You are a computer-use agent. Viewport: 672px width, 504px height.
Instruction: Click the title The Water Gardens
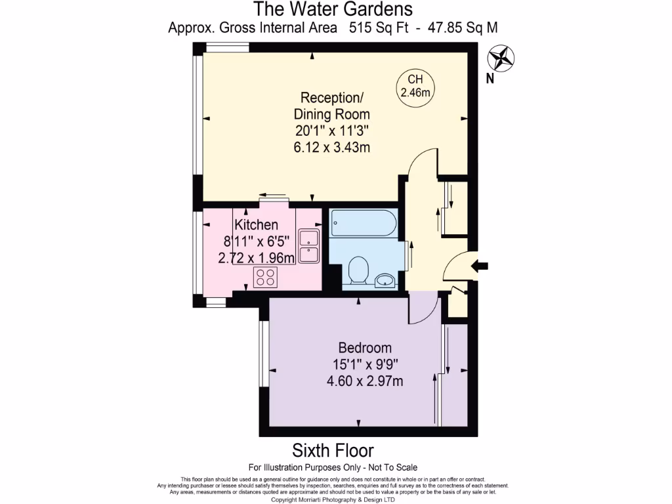(x=333, y=9)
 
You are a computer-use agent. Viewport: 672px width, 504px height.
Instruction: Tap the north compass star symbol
(x=502, y=57)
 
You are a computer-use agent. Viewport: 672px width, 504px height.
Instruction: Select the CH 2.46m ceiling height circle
(x=415, y=86)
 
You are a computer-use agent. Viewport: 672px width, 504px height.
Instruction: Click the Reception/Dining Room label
(x=332, y=106)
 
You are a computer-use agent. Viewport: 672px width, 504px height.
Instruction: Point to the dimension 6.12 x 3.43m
(x=332, y=147)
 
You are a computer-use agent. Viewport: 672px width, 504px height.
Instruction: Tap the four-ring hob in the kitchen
(x=265, y=278)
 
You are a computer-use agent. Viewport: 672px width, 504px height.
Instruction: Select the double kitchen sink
(x=308, y=245)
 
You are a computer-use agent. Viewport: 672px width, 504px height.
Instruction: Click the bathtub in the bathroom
(x=363, y=224)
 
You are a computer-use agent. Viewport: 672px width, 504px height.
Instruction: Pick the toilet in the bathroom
(x=358, y=270)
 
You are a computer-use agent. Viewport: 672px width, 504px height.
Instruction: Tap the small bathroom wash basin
(x=385, y=281)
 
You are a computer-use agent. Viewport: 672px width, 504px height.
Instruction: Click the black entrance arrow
(x=480, y=265)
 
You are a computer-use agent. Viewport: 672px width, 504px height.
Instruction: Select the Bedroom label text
(x=365, y=348)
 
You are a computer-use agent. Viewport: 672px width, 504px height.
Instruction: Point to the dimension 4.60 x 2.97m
(x=365, y=380)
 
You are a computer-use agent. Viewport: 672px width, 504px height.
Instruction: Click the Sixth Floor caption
(x=333, y=451)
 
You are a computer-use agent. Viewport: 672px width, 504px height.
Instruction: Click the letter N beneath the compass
(x=490, y=79)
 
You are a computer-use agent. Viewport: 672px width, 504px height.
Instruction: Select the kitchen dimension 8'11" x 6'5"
(x=256, y=241)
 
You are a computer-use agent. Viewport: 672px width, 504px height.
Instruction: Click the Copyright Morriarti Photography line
(x=333, y=499)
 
